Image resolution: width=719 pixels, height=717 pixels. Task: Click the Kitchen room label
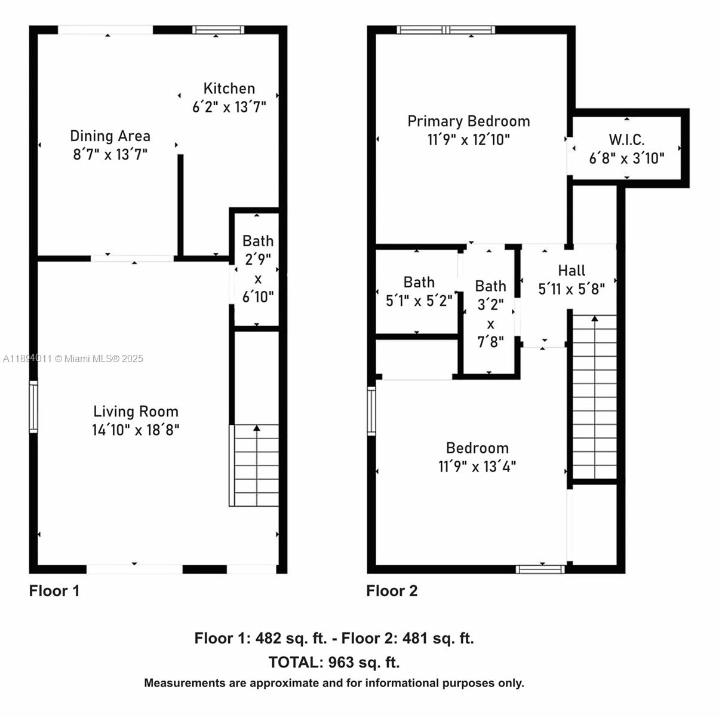coord(229,88)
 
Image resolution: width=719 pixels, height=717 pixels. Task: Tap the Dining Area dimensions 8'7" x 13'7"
coord(110,155)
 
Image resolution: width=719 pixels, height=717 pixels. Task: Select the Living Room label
coord(136,411)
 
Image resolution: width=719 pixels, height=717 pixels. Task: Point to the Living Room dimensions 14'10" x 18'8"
coord(136,430)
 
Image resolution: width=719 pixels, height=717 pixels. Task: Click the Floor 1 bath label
coord(258,241)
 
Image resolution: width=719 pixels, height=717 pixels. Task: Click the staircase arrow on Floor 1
coord(257,428)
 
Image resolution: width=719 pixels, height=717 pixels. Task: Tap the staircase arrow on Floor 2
coord(595,319)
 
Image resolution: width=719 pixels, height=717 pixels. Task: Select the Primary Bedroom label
coord(468,121)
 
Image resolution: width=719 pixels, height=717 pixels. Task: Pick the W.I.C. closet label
coord(626,140)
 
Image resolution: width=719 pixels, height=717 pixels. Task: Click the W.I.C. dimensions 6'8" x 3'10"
coord(626,158)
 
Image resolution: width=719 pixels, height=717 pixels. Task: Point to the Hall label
coord(571,270)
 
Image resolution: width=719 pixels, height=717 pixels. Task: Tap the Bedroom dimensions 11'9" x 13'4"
coord(477,466)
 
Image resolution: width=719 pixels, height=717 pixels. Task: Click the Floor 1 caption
coord(54,591)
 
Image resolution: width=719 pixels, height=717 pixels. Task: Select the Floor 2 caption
coord(392,591)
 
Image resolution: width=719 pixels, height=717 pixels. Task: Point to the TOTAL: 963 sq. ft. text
coord(334,662)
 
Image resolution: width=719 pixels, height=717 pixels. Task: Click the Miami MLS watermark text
coord(73,358)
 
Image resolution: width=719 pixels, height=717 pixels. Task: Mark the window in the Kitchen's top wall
coord(218,30)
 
